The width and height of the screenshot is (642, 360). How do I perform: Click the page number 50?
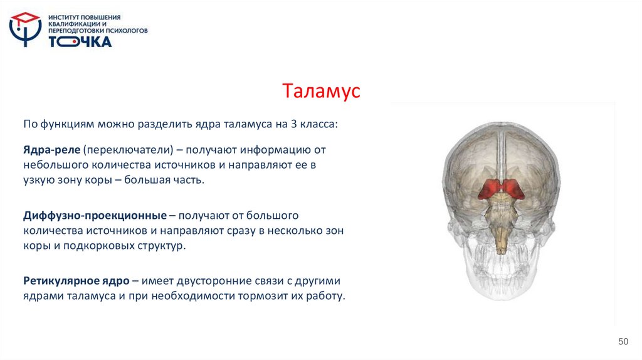coord(623,341)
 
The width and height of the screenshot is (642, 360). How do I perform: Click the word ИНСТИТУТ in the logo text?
coord(63,17)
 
